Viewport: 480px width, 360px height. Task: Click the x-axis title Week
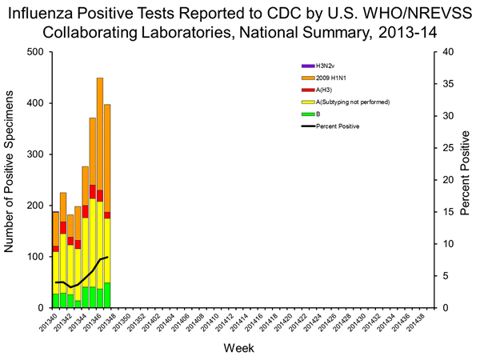tap(240, 349)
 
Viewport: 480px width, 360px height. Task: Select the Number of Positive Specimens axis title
tap(11, 180)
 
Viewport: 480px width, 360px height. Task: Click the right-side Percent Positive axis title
tap(469, 180)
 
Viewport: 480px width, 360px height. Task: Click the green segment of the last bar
tap(107, 295)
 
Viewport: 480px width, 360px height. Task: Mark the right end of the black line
tap(107, 257)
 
